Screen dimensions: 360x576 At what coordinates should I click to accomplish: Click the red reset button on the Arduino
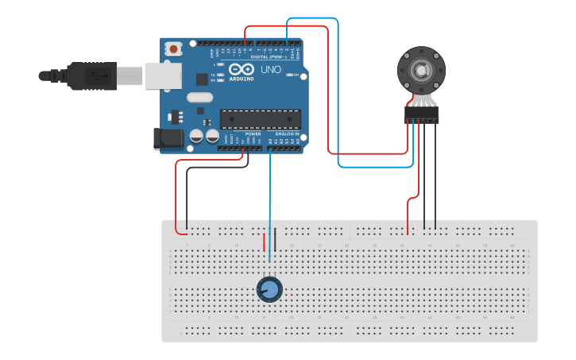click(x=173, y=49)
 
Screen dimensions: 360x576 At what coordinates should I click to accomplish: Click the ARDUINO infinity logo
click(x=242, y=69)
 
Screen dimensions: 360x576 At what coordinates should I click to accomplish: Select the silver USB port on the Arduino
click(x=163, y=75)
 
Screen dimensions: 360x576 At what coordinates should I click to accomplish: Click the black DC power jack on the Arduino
click(x=169, y=140)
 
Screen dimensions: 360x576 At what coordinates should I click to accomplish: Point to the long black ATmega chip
click(x=260, y=118)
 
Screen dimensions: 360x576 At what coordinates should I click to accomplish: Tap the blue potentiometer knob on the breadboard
click(x=269, y=290)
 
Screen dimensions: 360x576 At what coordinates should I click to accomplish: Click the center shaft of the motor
click(x=421, y=70)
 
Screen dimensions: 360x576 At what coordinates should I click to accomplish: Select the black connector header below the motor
click(x=421, y=116)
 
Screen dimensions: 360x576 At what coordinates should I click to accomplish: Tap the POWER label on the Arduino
click(x=253, y=134)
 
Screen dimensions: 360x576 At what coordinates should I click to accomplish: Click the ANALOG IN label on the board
click(x=287, y=134)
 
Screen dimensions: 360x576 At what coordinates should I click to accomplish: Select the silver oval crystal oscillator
click(x=199, y=98)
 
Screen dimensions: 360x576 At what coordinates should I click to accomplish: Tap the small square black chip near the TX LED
click(x=202, y=79)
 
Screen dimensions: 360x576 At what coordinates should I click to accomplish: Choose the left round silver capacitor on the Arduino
click(x=196, y=137)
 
